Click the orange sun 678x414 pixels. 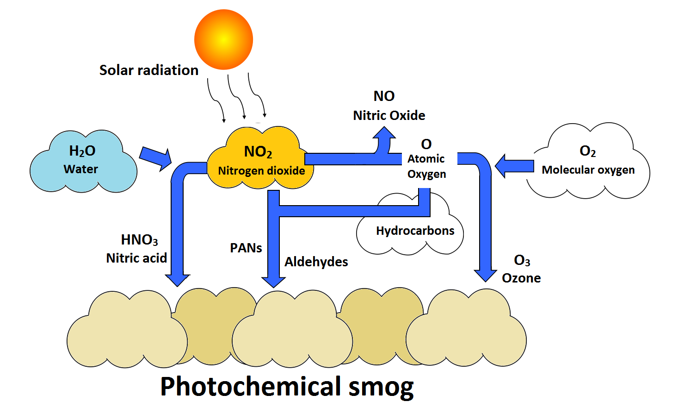[x=223, y=39]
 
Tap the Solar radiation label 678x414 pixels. [x=148, y=70]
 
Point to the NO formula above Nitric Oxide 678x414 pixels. [x=384, y=96]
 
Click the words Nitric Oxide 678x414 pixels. [x=389, y=115]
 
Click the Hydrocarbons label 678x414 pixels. [x=415, y=231]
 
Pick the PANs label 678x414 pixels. [x=246, y=248]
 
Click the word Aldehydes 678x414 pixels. [x=316, y=262]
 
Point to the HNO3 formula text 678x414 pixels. [x=139, y=240]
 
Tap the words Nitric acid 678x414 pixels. [x=136, y=258]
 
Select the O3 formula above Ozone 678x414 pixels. [x=522, y=260]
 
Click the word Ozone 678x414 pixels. [x=521, y=278]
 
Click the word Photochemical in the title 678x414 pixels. [x=251, y=386]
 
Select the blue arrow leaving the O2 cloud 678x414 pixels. [x=514, y=165]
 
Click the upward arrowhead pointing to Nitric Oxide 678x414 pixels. [x=384, y=134]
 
